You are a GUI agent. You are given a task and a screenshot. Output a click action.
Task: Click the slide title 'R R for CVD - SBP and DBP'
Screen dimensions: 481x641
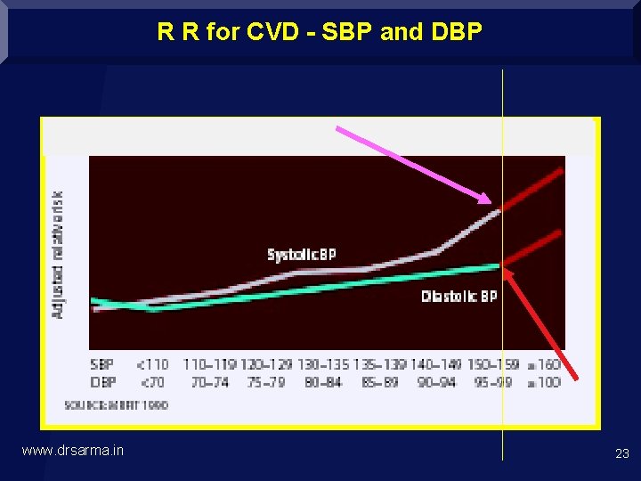coord(320,33)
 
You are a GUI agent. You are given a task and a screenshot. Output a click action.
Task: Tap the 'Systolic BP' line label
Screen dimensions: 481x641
coord(302,255)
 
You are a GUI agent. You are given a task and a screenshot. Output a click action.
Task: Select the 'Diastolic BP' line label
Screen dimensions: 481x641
coord(458,297)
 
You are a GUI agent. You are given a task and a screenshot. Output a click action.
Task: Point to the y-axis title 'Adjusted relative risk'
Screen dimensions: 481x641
coord(59,255)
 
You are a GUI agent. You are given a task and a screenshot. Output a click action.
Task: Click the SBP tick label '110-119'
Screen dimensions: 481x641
coord(209,364)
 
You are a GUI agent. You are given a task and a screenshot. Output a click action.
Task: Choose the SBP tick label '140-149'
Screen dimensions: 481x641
coord(436,364)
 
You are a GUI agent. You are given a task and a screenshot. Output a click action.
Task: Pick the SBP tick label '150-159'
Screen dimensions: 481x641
coord(493,364)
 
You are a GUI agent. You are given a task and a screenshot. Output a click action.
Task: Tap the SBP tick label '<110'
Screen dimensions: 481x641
coord(152,364)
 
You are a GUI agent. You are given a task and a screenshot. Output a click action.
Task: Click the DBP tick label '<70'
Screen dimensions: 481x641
coord(152,382)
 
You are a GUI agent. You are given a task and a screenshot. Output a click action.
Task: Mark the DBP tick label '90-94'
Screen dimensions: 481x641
coord(436,382)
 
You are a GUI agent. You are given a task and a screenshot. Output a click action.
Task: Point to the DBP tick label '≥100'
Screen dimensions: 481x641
coord(543,382)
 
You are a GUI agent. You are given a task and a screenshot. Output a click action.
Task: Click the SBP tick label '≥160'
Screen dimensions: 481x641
coord(543,364)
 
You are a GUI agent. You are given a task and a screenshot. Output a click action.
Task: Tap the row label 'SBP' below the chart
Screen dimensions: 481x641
coord(102,364)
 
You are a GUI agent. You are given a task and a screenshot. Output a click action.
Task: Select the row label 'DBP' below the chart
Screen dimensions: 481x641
coord(102,382)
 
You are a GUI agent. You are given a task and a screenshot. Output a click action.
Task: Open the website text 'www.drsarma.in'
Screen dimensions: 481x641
coord(72,451)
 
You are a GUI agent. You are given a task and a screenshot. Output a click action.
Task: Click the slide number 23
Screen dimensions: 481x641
coord(621,453)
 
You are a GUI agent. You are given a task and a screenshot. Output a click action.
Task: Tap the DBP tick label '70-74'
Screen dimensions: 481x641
coord(209,382)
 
